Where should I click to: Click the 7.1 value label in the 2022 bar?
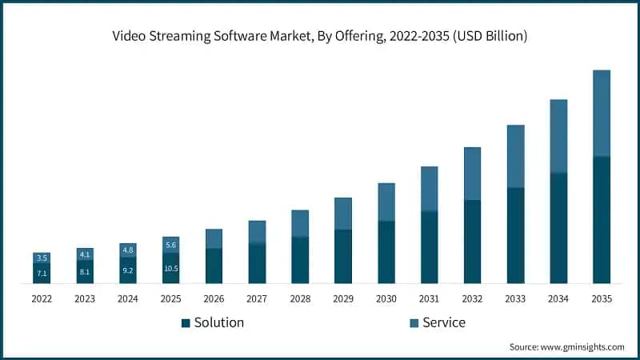(x=42, y=273)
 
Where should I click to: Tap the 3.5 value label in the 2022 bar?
(x=42, y=258)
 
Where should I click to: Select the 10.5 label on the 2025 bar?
(x=170, y=268)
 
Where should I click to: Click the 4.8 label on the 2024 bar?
(x=127, y=250)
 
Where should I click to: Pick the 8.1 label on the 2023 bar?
(x=85, y=271)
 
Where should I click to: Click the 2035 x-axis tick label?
(x=602, y=298)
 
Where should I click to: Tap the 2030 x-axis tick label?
(x=386, y=298)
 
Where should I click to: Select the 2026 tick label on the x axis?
(x=214, y=298)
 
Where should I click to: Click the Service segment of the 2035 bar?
(x=602, y=113)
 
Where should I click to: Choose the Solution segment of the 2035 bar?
(x=602, y=219)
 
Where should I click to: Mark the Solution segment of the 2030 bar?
(x=386, y=252)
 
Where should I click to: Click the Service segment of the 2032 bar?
(x=473, y=174)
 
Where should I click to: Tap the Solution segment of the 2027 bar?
(x=257, y=263)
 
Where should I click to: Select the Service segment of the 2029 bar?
(x=343, y=214)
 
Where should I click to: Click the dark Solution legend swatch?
(x=186, y=323)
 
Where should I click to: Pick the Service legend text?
(x=444, y=322)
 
